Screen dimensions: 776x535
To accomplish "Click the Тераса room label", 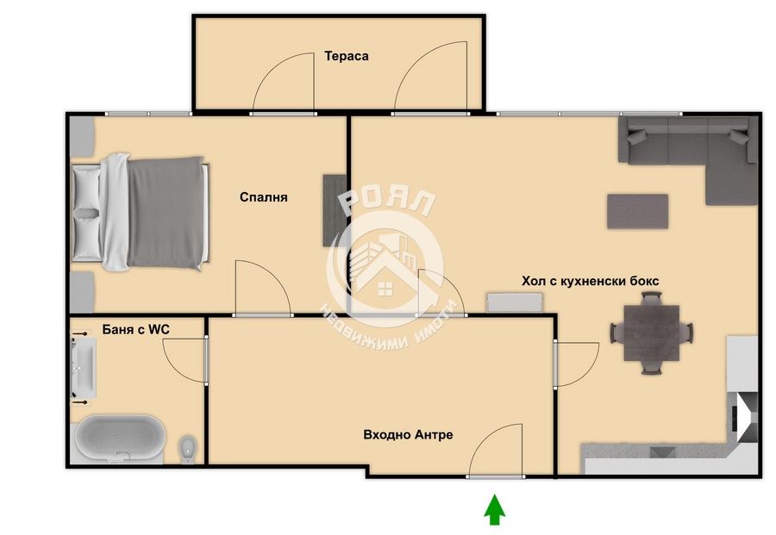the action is click(347, 56).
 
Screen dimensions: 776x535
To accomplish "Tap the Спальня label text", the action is click(263, 197).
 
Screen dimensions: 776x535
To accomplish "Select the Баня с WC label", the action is click(136, 329).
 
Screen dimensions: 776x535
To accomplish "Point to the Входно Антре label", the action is click(409, 434).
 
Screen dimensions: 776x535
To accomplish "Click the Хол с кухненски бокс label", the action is click(591, 281).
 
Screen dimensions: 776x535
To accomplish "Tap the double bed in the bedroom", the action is click(141, 212).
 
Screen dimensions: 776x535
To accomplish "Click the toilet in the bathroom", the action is click(188, 449).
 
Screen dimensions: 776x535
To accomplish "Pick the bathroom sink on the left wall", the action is click(83, 369).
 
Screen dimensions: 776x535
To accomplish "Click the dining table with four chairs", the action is click(651, 333).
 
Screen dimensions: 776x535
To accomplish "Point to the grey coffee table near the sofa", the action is click(638, 212).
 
